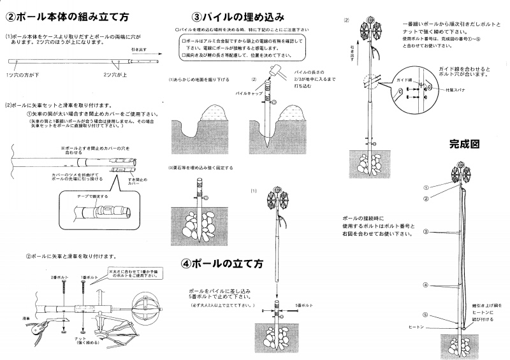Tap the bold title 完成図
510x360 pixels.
464,144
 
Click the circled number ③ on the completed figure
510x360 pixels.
426,231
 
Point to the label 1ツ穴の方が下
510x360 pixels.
22,75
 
